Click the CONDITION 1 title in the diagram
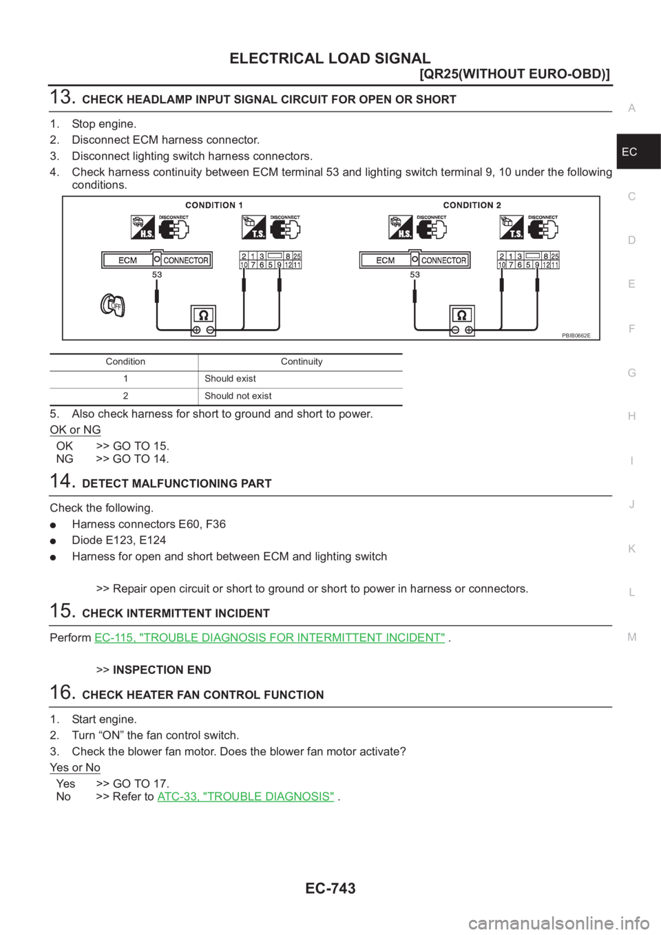click(x=214, y=205)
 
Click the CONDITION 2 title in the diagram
click(x=472, y=205)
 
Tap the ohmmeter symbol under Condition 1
click(x=204, y=321)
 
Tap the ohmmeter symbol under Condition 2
click(x=461, y=321)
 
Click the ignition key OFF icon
click(x=111, y=304)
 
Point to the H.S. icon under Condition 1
click(x=143, y=228)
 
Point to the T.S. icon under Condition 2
click(x=512, y=228)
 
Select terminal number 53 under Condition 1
click(x=157, y=274)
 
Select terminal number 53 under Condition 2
click(x=415, y=274)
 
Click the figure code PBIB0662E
click(x=576, y=335)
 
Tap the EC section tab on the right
click(x=629, y=151)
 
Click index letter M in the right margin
click(x=632, y=637)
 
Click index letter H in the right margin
click(x=632, y=417)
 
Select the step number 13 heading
click(x=62, y=98)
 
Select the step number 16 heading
click(x=62, y=693)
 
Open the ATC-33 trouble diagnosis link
click(x=246, y=797)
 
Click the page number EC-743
click(x=330, y=888)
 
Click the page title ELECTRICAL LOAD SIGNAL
click(x=330, y=58)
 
